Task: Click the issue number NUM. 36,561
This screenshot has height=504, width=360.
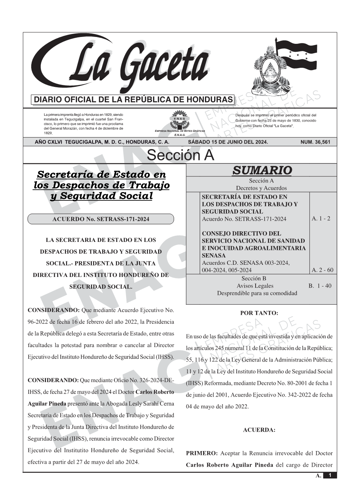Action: click(x=315, y=142)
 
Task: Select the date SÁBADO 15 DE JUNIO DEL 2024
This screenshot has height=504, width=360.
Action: click(x=228, y=142)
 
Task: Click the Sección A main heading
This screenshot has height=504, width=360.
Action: click(x=180, y=155)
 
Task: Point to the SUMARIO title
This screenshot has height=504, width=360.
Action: click(x=262, y=170)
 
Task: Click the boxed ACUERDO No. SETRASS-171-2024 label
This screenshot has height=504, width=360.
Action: click(x=101, y=219)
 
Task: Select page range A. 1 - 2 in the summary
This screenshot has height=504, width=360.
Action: click(x=321, y=219)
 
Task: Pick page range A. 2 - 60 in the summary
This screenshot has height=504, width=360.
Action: click(x=322, y=270)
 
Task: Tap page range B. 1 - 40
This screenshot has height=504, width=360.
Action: click(x=320, y=286)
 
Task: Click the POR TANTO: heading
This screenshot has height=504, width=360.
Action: click(x=259, y=313)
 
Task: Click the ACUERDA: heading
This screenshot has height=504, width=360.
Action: click(x=259, y=430)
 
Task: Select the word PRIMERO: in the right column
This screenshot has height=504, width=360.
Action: click(x=202, y=453)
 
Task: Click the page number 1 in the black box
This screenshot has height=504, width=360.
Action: click(x=330, y=475)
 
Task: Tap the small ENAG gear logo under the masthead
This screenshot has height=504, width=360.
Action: click(x=179, y=120)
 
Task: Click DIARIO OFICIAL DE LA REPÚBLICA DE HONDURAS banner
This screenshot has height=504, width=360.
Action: click(x=133, y=100)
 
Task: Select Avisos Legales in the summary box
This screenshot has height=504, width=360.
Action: click(x=255, y=286)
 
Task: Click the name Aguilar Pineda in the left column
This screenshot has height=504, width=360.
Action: click(x=47, y=404)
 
